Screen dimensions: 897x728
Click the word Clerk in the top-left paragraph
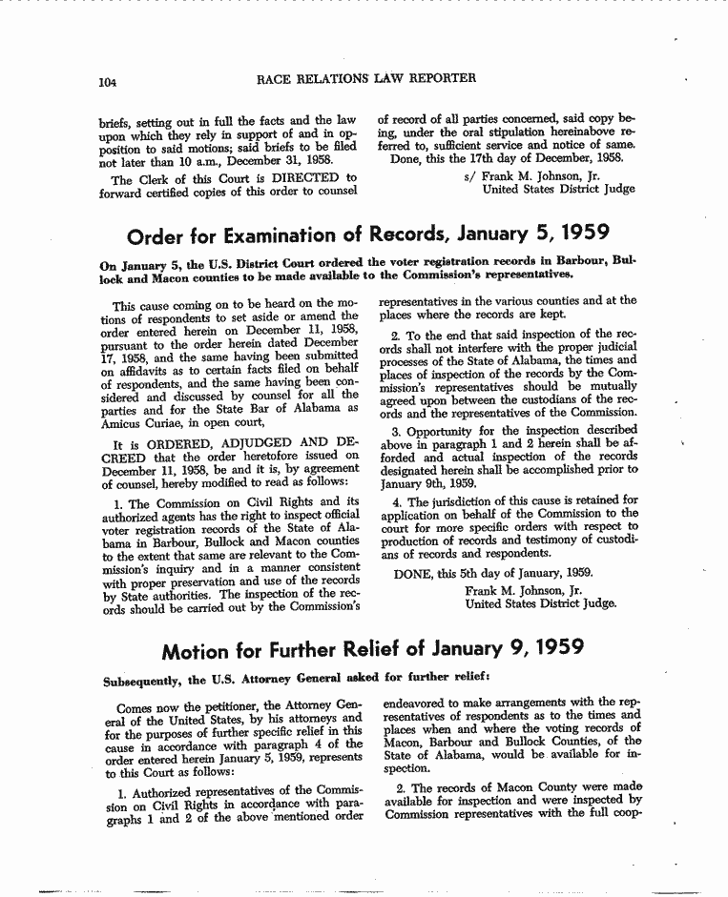point(154,178)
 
